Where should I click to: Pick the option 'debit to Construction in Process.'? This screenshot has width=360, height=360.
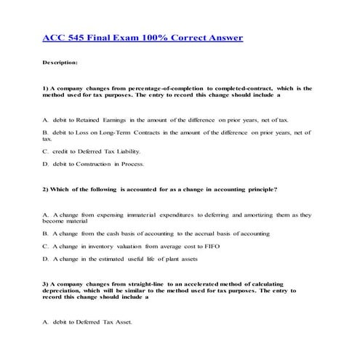point(94,164)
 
